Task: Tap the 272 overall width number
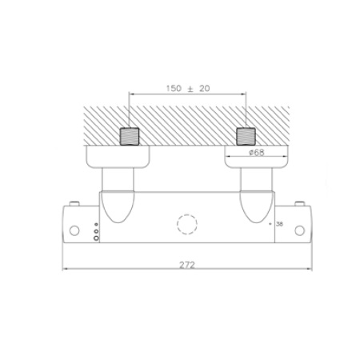(x=186, y=264)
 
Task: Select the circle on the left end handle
(x=74, y=231)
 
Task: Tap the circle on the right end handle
(x=300, y=231)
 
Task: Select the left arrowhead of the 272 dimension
(x=66, y=270)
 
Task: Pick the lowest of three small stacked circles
(x=97, y=238)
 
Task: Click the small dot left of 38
(x=269, y=223)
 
